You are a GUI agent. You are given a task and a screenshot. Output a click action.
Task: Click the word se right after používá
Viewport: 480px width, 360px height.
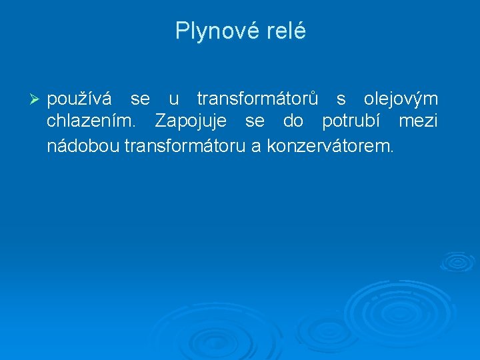tap(140, 100)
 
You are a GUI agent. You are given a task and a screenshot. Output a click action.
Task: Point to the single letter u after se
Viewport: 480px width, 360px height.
tap(173, 100)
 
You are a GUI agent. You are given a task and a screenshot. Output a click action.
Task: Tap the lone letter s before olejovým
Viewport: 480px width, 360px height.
tap(341, 100)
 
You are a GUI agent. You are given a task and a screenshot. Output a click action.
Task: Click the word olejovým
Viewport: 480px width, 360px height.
tap(401, 100)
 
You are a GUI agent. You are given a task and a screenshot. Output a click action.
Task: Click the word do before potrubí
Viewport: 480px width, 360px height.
tap(293, 123)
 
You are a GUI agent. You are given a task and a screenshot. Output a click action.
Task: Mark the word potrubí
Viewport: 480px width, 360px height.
tap(351, 123)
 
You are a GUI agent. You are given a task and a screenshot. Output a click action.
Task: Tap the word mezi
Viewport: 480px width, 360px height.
tap(418, 123)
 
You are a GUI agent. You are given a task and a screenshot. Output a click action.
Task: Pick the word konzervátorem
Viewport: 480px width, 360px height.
tap(331, 145)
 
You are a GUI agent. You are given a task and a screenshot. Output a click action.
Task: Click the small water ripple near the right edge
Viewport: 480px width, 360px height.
tap(457, 261)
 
